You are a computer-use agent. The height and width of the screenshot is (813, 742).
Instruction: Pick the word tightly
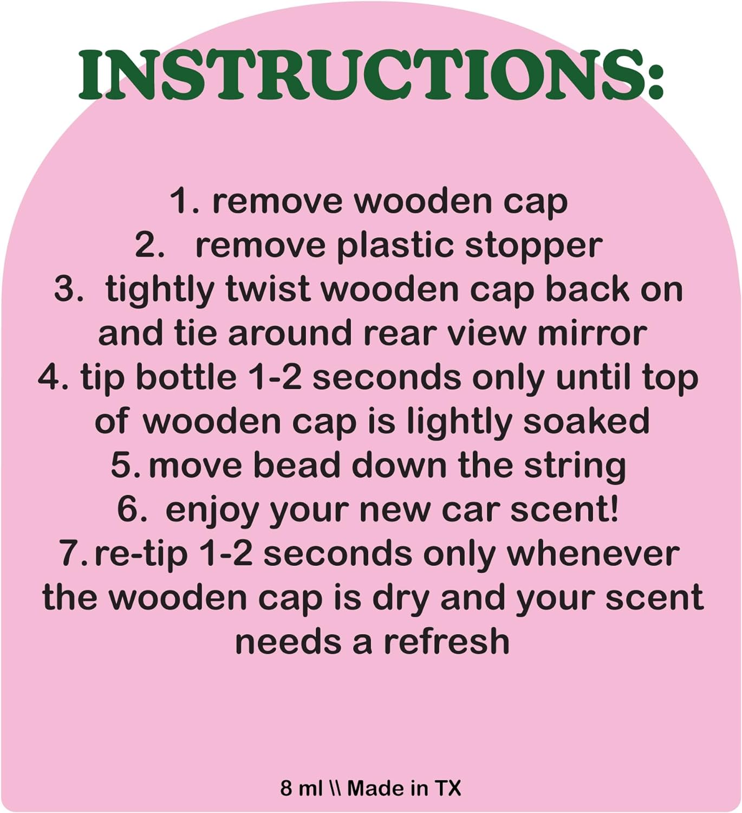pos(160,291)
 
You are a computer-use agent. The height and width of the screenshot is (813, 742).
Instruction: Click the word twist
pos(268,289)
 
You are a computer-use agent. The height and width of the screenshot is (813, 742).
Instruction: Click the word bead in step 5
pos(296,466)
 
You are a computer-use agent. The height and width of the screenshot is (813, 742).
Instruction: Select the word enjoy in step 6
pos(212,511)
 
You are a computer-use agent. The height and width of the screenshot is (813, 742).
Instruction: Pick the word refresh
pos(447,642)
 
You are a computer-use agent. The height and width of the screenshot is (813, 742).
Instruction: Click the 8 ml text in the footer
pos(301,788)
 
